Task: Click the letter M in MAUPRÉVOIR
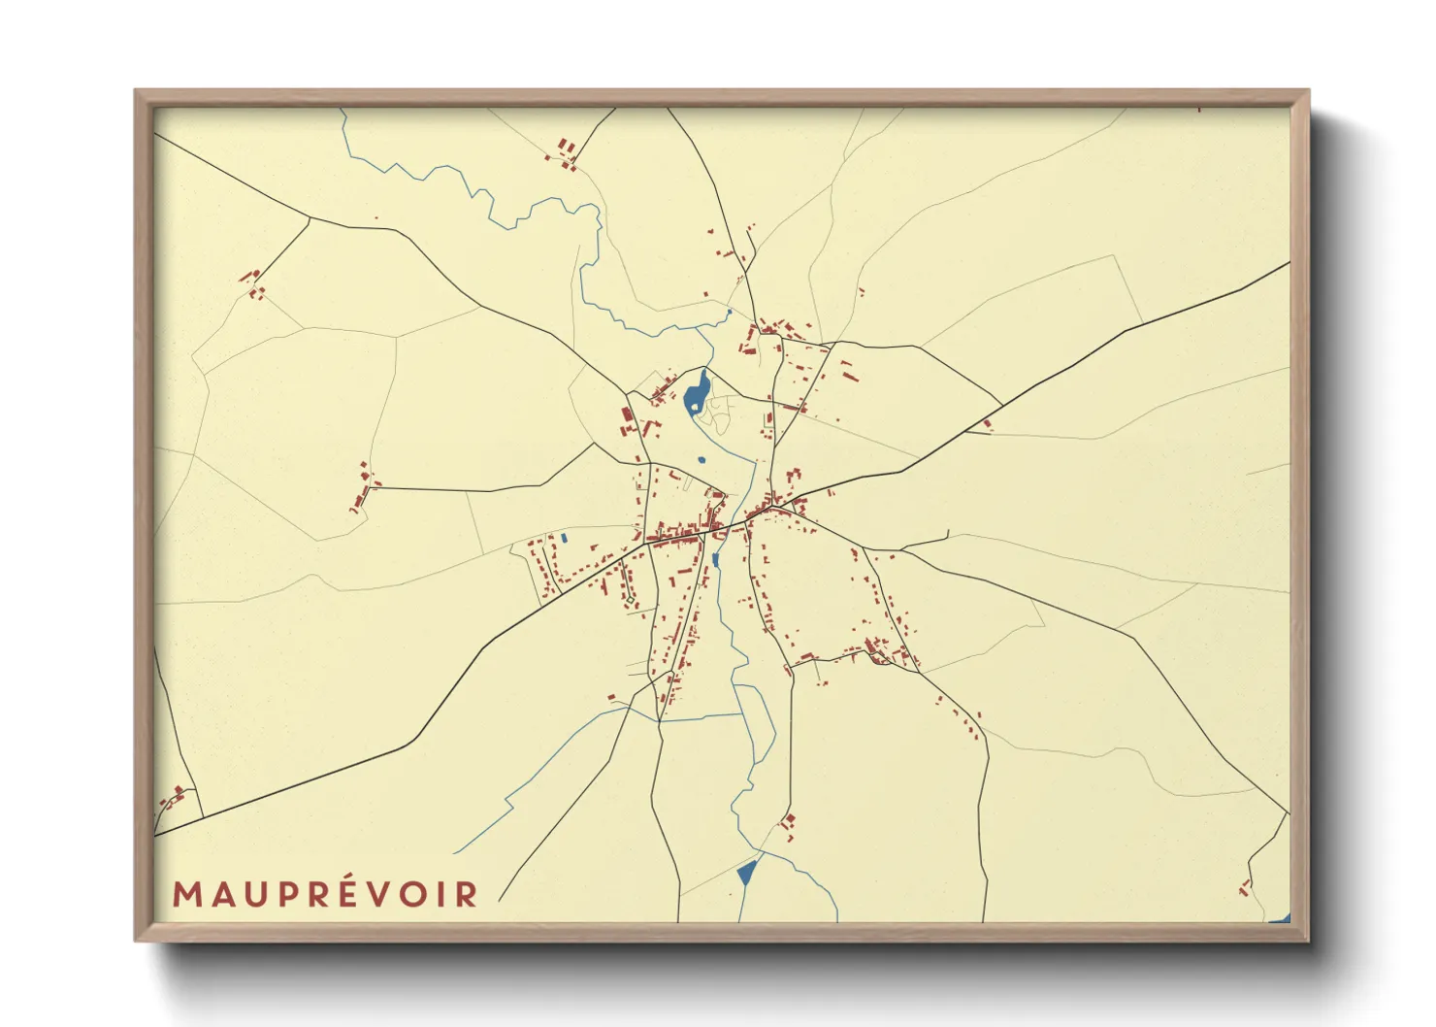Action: tap(187, 894)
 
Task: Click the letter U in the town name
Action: tap(251, 894)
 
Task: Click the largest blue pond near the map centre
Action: tap(696, 392)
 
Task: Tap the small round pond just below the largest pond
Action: tap(702, 460)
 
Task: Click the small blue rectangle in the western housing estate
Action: tap(564, 537)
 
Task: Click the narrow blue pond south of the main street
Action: tap(716, 560)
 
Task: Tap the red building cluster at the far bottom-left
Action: tap(175, 798)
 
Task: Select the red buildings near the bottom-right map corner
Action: tap(1245, 886)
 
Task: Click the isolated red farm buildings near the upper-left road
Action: tap(252, 282)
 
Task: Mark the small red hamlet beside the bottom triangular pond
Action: tap(788, 825)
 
